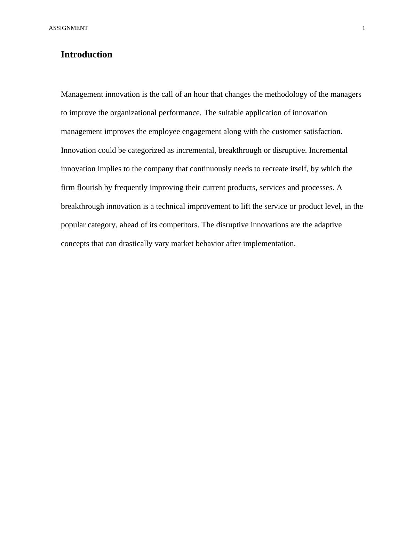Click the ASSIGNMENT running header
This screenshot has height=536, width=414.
click(x=68, y=28)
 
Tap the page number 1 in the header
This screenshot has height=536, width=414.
click(x=364, y=28)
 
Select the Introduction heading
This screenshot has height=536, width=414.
click(x=87, y=55)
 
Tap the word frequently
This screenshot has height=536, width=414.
click(x=131, y=188)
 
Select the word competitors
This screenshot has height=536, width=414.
click(x=179, y=225)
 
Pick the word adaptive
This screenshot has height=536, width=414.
click(x=328, y=225)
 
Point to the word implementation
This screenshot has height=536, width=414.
click(x=269, y=244)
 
